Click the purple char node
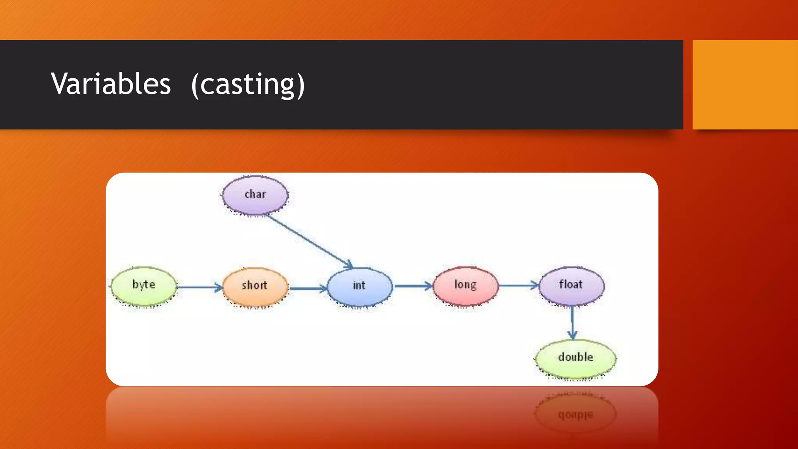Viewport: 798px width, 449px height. click(x=255, y=194)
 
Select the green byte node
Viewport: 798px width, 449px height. click(x=144, y=286)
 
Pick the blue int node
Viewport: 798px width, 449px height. click(x=360, y=286)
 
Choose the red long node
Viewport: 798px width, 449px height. click(x=466, y=285)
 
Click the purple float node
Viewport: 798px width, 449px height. click(x=572, y=285)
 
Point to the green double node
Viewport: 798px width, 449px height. click(x=576, y=358)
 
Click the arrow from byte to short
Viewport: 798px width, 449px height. click(x=199, y=288)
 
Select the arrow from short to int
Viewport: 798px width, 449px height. click(x=308, y=288)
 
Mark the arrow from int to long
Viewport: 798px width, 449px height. click(x=413, y=286)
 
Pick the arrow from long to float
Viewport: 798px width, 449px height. click(x=518, y=286)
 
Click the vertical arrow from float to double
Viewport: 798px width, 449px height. click(x=572, y=322)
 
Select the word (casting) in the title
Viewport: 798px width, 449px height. click(x=248, y=85)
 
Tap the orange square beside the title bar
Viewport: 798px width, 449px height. click(x=745, y=85)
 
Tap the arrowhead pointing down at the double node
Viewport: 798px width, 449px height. click(x=572, y=335)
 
